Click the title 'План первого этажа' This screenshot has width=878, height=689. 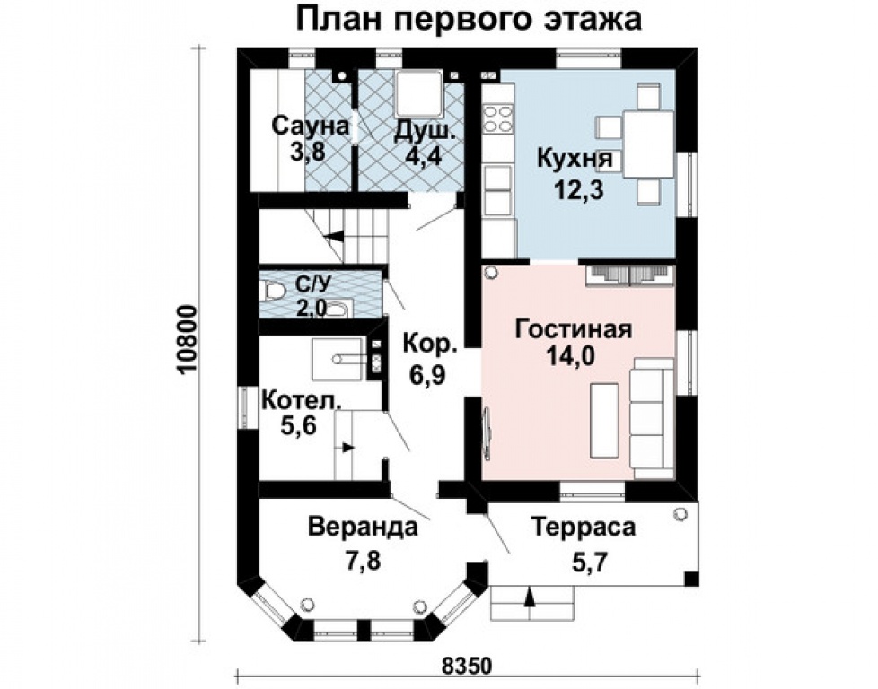(470, 19)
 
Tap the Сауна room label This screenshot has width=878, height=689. (311, 125)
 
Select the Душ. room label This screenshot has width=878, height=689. (425, 130)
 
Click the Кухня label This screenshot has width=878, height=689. (575, 159)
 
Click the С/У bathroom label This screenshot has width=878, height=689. (313, 285)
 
